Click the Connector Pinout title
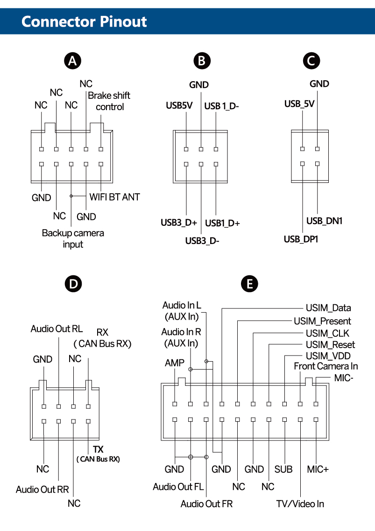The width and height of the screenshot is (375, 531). (x=84, y=21)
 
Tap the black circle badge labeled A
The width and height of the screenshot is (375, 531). (x=72, y=61)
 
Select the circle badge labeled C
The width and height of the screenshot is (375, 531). (x=311, y=61)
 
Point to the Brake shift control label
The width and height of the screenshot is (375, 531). (x=109, y=101)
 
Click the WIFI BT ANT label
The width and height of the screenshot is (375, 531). (x=114, y=197)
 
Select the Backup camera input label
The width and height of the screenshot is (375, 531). (x=73, y=238)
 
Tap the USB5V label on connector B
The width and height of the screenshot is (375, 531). (x=180, y=105)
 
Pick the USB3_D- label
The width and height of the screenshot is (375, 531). (x=202, y=241)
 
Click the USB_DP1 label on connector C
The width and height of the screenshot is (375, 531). (x=301, y=239)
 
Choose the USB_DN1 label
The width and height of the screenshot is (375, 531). (x=324, y=221)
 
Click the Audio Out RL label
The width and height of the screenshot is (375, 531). (x=57, y=329)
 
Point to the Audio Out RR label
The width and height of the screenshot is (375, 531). (x=42, y=489)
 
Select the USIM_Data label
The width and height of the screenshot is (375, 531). (x=328, y=308)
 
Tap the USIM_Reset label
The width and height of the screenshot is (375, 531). (x=330, y=345)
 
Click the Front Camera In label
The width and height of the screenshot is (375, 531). (x=325, y=366)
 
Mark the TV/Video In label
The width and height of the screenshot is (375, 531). (x=300, y=503)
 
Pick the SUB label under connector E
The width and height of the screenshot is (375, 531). (x=283, y=469)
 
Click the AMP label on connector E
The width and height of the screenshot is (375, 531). (x=174, y=363)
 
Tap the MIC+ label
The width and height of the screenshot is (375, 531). (x=318, y=469)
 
